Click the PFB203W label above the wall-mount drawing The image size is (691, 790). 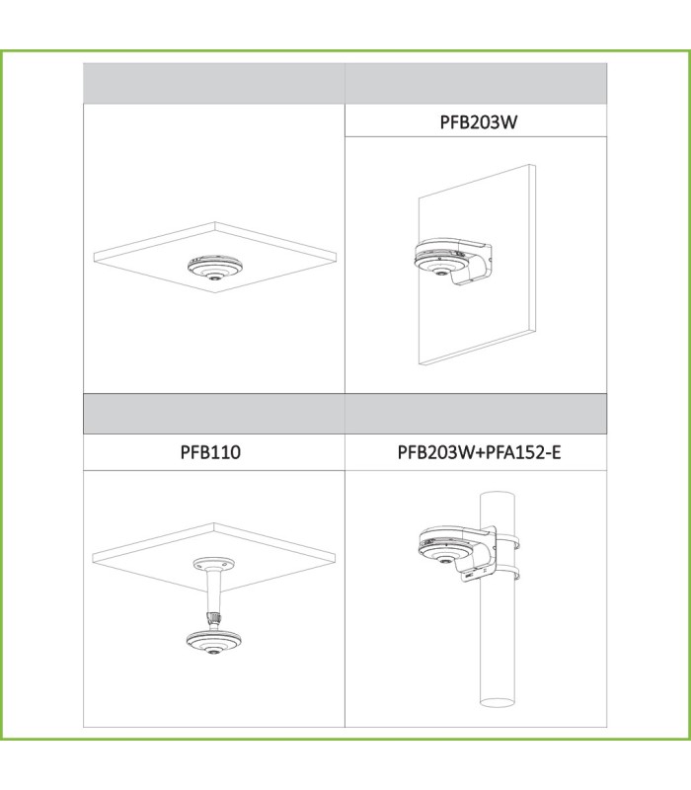point(479,122)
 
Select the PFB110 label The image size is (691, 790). point(210,452)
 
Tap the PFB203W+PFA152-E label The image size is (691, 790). point(479,452)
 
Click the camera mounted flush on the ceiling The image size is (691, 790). point(215,267)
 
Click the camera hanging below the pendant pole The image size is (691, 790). point(214,641)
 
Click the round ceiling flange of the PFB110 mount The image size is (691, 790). point(213,563)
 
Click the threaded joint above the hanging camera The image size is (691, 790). point(214,618)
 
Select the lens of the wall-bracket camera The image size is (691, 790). point(441,273)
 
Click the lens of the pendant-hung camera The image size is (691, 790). point(214,652)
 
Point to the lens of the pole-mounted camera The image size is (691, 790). point(445,560)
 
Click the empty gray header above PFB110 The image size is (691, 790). point(214,414)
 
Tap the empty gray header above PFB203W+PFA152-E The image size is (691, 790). point(476,414)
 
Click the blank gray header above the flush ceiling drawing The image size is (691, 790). point(214,84)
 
